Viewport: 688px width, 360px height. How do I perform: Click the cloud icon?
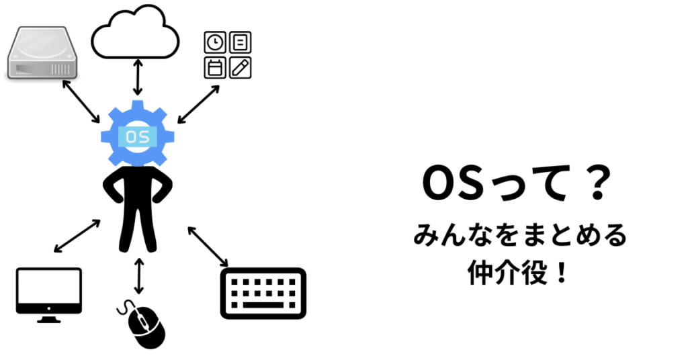[x=135, y=34]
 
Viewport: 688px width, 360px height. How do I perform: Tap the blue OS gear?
[x=138, y=134]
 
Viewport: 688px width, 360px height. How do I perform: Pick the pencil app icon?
[x=240, y=67]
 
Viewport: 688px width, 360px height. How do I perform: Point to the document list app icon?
[x=240, y=42]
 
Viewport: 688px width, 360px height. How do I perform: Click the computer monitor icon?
[x=48, y=292]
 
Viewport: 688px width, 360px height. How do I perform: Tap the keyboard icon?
[x=263, y=293]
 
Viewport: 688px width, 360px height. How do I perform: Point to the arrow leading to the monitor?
[x=77, y=236]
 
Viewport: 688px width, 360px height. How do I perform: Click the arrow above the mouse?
[x=139, y=275]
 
